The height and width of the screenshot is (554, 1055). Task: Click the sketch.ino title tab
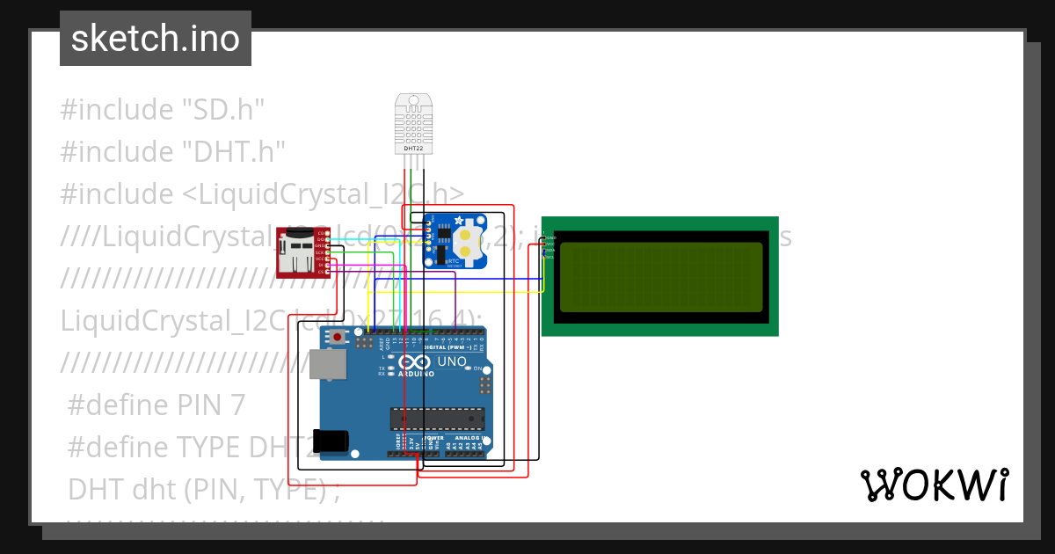click(155, 39)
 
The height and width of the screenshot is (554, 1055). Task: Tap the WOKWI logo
click(934, 485)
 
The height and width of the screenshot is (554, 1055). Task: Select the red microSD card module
click(299, 251)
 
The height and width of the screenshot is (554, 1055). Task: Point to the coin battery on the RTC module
click(473, 242)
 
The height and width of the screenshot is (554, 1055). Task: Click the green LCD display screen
click(660, 276)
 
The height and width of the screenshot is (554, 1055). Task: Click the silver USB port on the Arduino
click(326, 364)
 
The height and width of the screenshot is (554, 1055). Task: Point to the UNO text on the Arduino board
click(452, 361)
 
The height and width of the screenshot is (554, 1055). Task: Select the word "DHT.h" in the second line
click(234, 152)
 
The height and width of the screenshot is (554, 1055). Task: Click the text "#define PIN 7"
click(156, 405)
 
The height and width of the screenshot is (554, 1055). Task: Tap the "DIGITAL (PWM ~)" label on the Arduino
click(447, 348)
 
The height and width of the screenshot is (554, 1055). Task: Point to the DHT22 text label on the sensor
click(413, 149)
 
